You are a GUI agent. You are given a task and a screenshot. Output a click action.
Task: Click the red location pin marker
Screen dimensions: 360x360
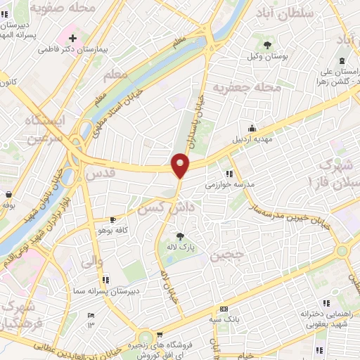(181, 166)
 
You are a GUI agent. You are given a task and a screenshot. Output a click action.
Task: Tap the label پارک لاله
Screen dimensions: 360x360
(181, 247)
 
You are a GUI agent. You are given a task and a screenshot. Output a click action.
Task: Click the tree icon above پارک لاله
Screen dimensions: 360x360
(181, 236)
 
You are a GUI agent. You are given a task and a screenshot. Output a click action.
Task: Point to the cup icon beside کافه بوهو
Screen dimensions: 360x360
(112, 220)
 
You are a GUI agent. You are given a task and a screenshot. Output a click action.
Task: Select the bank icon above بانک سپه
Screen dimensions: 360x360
(224, 309)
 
